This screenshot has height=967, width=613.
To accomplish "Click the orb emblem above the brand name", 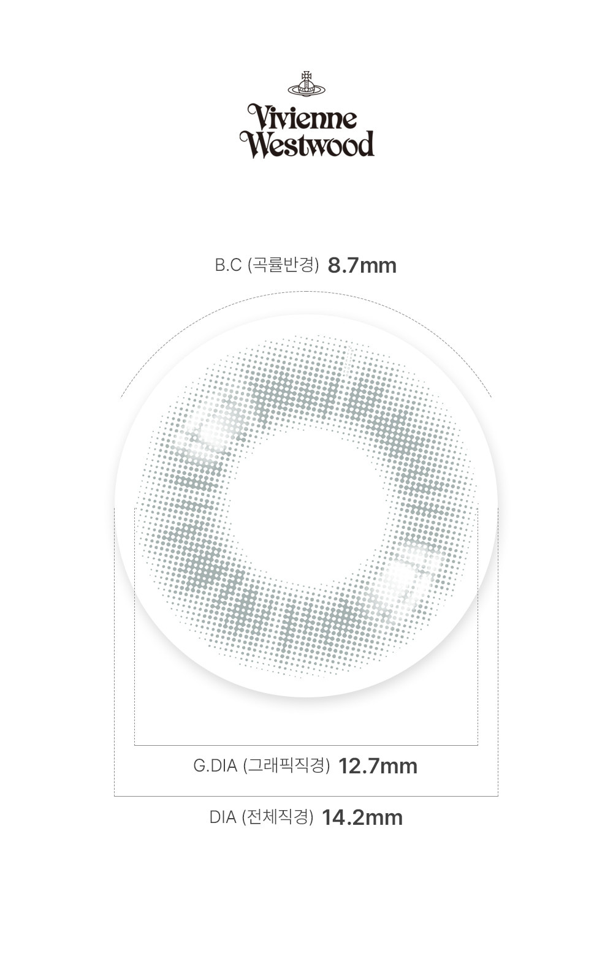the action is (306, 84).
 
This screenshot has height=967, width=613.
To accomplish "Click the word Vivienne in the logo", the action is (303, 117).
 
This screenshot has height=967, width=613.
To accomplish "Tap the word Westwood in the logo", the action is (307, 144).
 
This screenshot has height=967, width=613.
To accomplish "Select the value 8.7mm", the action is (362, 265).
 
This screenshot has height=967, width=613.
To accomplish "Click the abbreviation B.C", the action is (228, 265).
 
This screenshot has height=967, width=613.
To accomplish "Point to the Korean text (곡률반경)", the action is (283, 265).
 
